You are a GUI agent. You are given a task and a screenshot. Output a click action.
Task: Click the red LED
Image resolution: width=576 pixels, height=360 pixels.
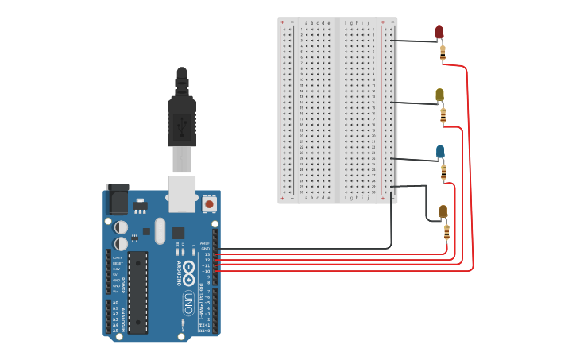439,32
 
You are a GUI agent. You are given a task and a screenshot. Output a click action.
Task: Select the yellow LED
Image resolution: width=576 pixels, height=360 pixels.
439,95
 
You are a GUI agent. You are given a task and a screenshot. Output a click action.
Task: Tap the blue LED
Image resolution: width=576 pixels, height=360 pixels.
440,151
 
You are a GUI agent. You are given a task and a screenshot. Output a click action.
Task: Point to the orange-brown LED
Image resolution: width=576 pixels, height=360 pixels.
443,211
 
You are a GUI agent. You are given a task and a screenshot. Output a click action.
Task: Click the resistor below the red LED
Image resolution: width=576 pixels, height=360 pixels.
443,53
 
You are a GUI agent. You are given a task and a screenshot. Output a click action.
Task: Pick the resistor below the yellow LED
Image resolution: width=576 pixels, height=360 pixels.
443,115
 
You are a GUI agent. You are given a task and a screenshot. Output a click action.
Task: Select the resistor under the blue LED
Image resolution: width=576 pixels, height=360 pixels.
443,172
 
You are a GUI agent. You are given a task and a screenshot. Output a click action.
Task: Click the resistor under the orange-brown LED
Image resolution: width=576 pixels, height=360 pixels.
446,232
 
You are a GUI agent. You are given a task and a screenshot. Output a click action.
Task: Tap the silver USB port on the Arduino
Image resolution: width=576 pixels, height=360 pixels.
182,193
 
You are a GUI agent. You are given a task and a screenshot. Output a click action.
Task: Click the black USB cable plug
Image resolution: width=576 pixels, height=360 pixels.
181,119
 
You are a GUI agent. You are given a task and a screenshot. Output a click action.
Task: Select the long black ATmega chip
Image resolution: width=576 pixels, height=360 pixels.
137,292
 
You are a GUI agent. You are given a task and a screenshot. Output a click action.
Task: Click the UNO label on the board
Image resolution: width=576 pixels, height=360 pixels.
188,303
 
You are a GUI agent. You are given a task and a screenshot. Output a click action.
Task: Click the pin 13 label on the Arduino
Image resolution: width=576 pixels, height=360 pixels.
207,254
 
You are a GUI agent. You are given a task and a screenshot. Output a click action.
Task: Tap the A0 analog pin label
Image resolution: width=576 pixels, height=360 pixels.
115,303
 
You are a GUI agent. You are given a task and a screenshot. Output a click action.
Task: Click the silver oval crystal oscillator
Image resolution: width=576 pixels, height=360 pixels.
160,230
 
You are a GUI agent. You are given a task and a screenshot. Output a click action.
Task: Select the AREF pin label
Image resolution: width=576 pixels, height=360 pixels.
205,243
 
